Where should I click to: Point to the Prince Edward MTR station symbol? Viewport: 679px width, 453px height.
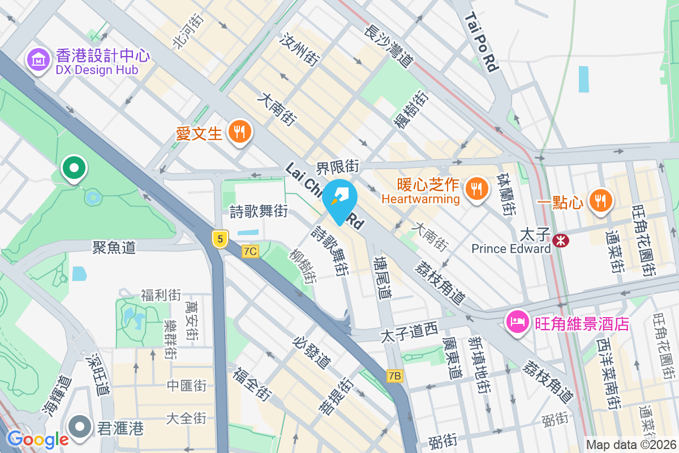[x=561, y=241]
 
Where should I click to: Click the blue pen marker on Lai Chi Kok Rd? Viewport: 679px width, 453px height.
[x=339, y=199]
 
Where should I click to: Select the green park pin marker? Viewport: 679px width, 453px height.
[x=74, y=168]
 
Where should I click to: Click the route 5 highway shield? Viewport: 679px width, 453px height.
[x=220, y=238]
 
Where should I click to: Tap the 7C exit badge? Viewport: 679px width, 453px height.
[x=250, y=251]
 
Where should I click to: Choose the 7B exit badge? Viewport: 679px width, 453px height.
[x=395, y=375]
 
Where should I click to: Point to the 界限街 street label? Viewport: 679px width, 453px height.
[x=338, y=166]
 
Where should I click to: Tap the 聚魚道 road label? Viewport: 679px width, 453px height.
[x=114, y=247]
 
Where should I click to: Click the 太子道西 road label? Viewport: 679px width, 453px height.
[x=409, y=331]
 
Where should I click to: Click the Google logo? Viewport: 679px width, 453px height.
[x=37, y=439]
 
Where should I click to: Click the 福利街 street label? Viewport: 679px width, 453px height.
[x=161, y=295]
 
